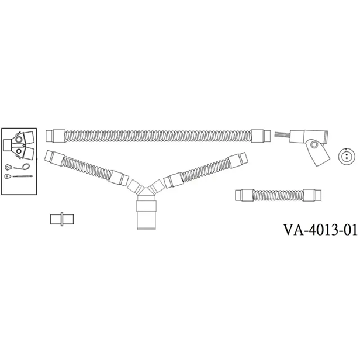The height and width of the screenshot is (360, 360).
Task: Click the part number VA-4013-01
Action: (320, 230)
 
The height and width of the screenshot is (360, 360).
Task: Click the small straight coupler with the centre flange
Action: (62, 219)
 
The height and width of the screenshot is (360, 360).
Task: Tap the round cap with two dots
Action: (347, 156)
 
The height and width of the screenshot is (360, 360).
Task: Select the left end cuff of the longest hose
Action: (56, 136)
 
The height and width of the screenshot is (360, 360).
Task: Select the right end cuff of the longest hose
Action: (261, 136)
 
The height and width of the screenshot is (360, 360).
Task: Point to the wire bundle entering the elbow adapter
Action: (282, 136)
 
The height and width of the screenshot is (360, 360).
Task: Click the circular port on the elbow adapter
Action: (314, 145)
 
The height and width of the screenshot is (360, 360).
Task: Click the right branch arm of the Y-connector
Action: (156, 186)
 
